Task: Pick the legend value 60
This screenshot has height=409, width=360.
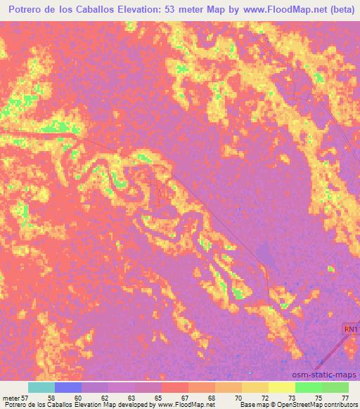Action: (77, 397)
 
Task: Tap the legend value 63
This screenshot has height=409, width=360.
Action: (130, 397)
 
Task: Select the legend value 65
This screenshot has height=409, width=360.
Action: (157, 397)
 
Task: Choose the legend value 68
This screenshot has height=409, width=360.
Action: (210, 397)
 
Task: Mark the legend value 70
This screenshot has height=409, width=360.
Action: (237, 397)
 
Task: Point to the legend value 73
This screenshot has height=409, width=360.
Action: (290, 397)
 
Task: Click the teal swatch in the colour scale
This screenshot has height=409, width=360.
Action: (41, 387)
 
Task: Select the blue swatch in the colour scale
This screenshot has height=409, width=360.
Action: (68, 387)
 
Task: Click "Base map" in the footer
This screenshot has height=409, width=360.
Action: (252, 405)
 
